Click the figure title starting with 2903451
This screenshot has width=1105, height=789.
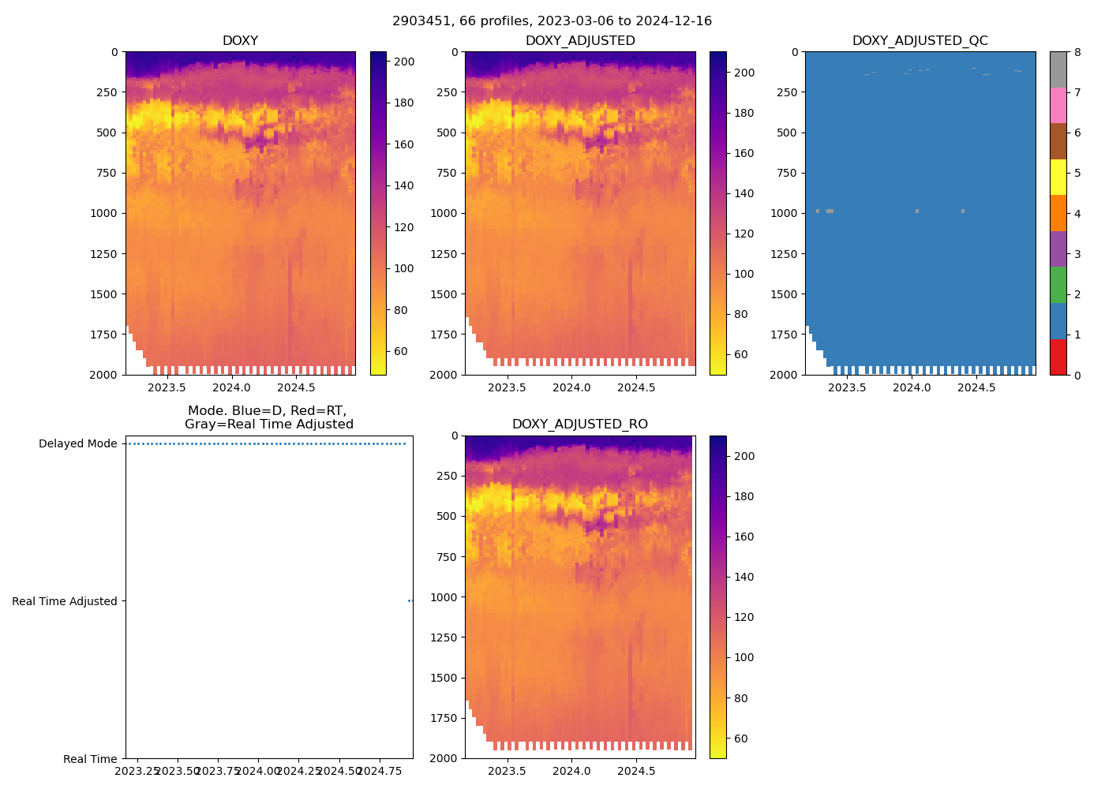pos(552,21)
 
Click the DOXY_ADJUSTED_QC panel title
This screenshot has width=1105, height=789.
pos(920,41)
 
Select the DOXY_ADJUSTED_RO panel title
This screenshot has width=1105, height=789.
pos(579,424)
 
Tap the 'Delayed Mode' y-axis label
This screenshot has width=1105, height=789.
pos(77,443)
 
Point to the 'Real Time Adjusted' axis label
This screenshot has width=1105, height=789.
pos(64,601)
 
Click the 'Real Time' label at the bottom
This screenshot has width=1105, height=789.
pos(90,759)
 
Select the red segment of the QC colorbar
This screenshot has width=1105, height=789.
pos(1058,357)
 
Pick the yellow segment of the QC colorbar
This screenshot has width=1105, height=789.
pos(1058,177)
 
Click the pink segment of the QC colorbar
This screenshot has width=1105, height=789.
pos(1058,105)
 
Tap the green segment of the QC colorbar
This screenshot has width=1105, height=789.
pos(1058,285)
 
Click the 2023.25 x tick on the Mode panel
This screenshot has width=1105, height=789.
pos(138,770)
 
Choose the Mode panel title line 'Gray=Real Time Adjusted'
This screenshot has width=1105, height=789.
pos(268,424)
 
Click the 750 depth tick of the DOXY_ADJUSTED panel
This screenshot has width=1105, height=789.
pos(444,173)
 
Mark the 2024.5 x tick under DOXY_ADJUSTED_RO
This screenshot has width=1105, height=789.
pos(636,771)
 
